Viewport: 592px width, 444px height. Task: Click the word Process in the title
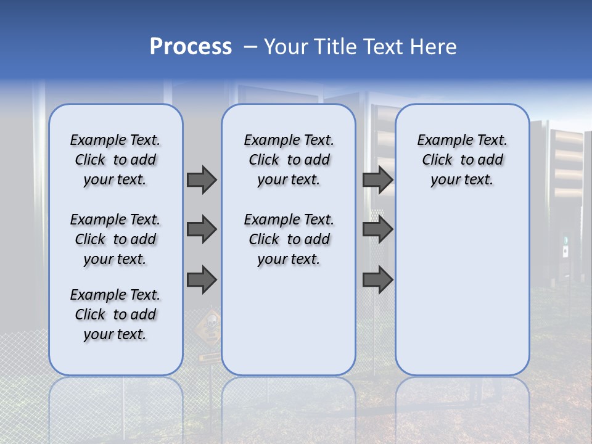191,46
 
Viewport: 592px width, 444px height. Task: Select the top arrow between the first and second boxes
202,179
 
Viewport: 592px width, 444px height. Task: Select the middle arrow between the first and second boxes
202,229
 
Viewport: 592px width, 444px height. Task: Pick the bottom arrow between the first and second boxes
202,280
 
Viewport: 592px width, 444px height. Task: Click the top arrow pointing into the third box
377,179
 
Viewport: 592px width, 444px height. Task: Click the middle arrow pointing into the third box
377,229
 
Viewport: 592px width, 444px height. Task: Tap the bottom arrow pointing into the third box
377,280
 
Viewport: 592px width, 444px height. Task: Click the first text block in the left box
115,160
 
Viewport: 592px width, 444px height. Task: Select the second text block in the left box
115,239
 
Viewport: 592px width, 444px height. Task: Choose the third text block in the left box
115,314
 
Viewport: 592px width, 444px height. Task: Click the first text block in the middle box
289,160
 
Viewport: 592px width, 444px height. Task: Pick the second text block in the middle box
289,239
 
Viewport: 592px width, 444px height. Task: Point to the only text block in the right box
462,160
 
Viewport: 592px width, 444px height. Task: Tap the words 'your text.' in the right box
462,180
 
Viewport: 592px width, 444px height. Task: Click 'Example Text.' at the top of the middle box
289,140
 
